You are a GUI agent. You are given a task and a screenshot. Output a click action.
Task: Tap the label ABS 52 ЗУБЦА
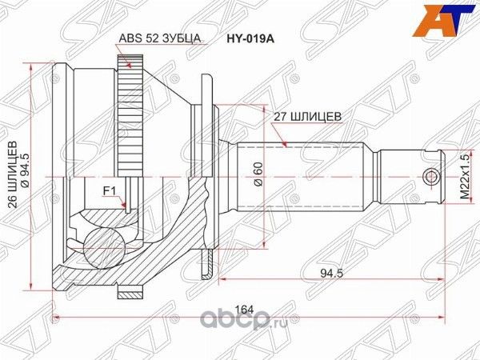tap(159, 37)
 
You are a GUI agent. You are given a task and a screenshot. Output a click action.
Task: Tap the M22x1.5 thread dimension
tap(463, 177)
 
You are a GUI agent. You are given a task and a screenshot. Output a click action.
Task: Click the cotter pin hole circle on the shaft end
tap(432, 176)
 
